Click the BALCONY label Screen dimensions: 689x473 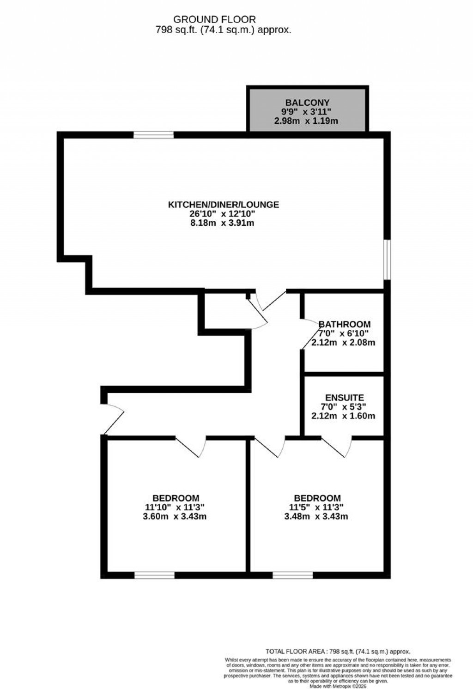[x=307, y=103]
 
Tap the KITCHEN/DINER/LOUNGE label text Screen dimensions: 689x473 [x=224, y=204]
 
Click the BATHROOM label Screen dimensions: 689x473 [x=345, y=324]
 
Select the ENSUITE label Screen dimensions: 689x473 [x=345, y=397]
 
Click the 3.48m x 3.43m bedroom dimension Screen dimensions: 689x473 [x=316, y=516]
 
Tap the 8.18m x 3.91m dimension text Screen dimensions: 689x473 [x=224, y=223]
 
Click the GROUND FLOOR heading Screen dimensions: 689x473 [x=214, y=19]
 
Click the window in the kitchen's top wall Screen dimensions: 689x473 [x=154, y=135]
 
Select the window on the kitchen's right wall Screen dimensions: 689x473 [x=388, y=259]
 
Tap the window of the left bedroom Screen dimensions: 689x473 [x=154, y=575]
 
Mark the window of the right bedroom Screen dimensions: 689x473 [x=292, y=575]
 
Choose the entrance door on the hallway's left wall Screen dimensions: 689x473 [x=113, y=418]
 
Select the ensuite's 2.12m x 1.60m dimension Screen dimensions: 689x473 [x=343, y=416]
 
